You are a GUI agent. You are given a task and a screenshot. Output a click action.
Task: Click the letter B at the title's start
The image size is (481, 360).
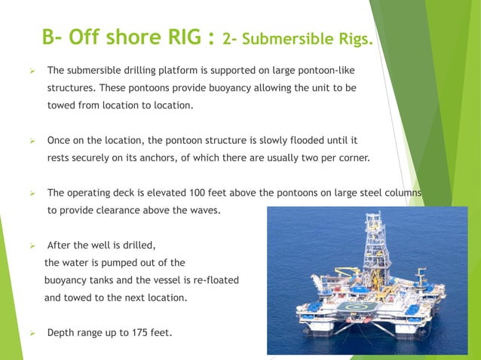click(x=50, y=36)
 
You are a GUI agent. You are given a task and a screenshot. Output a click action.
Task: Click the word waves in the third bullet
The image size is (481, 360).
click(x=204, y=210)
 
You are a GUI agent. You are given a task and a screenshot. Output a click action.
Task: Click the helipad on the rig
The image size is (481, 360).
click(x=355, y=307)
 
